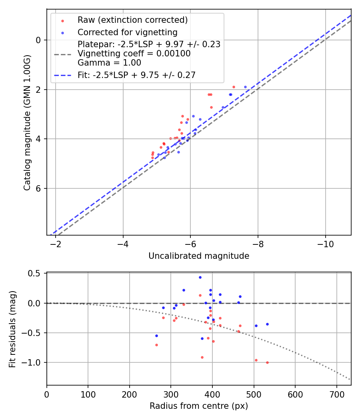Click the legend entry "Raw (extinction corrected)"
point(132,20)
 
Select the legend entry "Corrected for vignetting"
point(127,32)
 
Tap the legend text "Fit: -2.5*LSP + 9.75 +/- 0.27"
point(136,75)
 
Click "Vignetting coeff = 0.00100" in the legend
point(134,54)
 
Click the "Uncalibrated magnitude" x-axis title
point(199,256)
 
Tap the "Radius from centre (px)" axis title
point(199,406)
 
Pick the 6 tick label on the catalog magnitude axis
point(38,188)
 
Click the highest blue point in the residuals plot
point(200,277)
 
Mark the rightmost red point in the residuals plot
point(267,362)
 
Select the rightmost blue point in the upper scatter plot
point(245,87)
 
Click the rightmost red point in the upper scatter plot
point(234,87)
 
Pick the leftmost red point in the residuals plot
point(156,345)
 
